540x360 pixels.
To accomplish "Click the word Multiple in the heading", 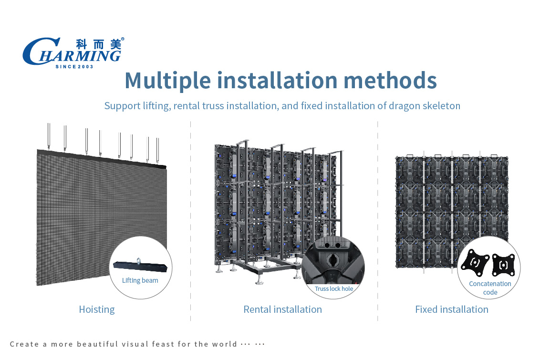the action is (x=168, y=81).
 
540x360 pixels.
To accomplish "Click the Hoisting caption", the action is (x=97, y=309).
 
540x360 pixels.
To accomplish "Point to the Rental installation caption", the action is (x=283, y=309).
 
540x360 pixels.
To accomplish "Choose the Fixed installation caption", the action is (x=451, y=309).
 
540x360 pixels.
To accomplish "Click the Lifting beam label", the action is (x=140, y=280).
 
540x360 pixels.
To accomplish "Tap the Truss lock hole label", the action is (x=334, y=289).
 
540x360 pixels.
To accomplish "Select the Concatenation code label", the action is (x=490, y=288).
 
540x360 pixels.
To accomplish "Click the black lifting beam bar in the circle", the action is (x=140, y=266).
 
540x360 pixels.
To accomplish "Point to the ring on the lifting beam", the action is (x=138, y=260).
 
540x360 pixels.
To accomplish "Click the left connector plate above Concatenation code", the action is (x=475, y=263).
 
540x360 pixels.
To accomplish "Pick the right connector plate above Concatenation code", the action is (x=503, y=265).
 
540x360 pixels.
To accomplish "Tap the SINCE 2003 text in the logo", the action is (x=74, y=67).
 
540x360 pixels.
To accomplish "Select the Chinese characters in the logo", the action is (x=99, y=44).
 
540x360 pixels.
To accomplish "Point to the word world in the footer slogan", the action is (x=225, y=344).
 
